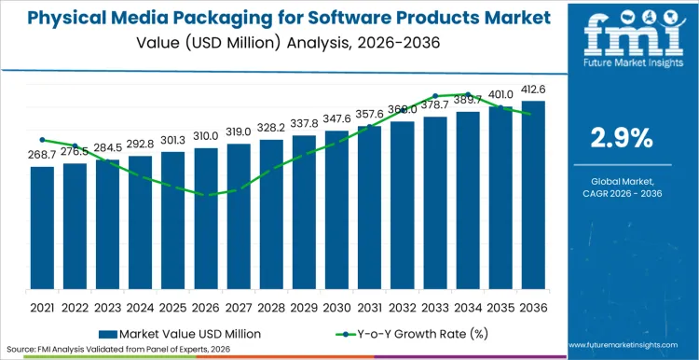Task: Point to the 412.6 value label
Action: pos(532,90)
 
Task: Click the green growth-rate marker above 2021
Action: pos(42,139)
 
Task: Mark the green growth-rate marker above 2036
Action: pos(532,115)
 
